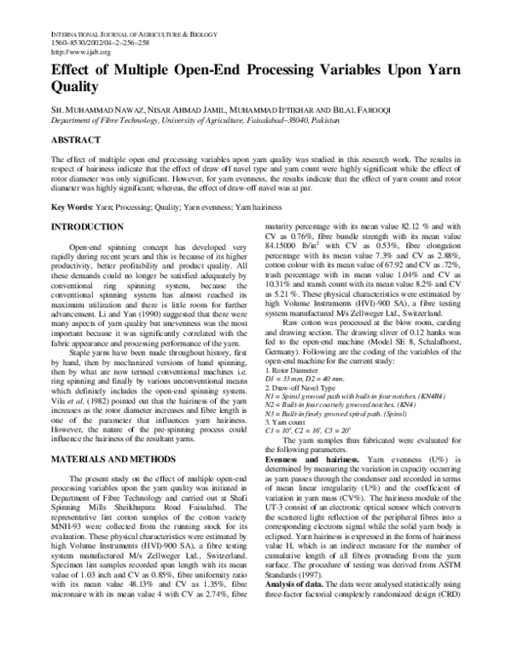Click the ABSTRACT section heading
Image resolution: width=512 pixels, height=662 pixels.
pyautogui.click(x=77, y=138)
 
